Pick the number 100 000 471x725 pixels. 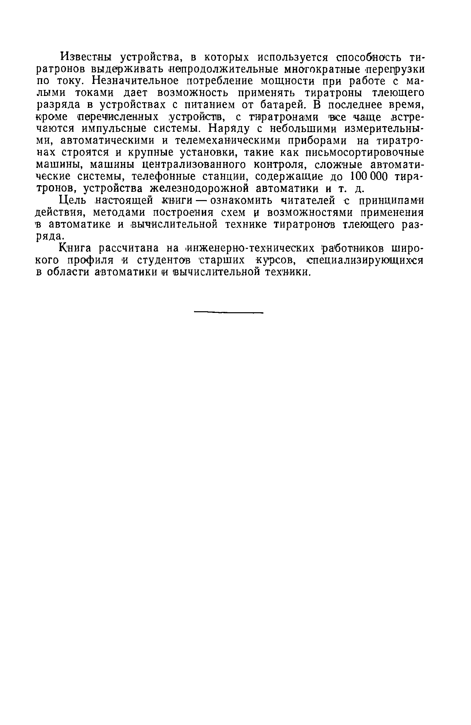(x=365, y=176)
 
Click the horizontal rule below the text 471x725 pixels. (x=228, y=312)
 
